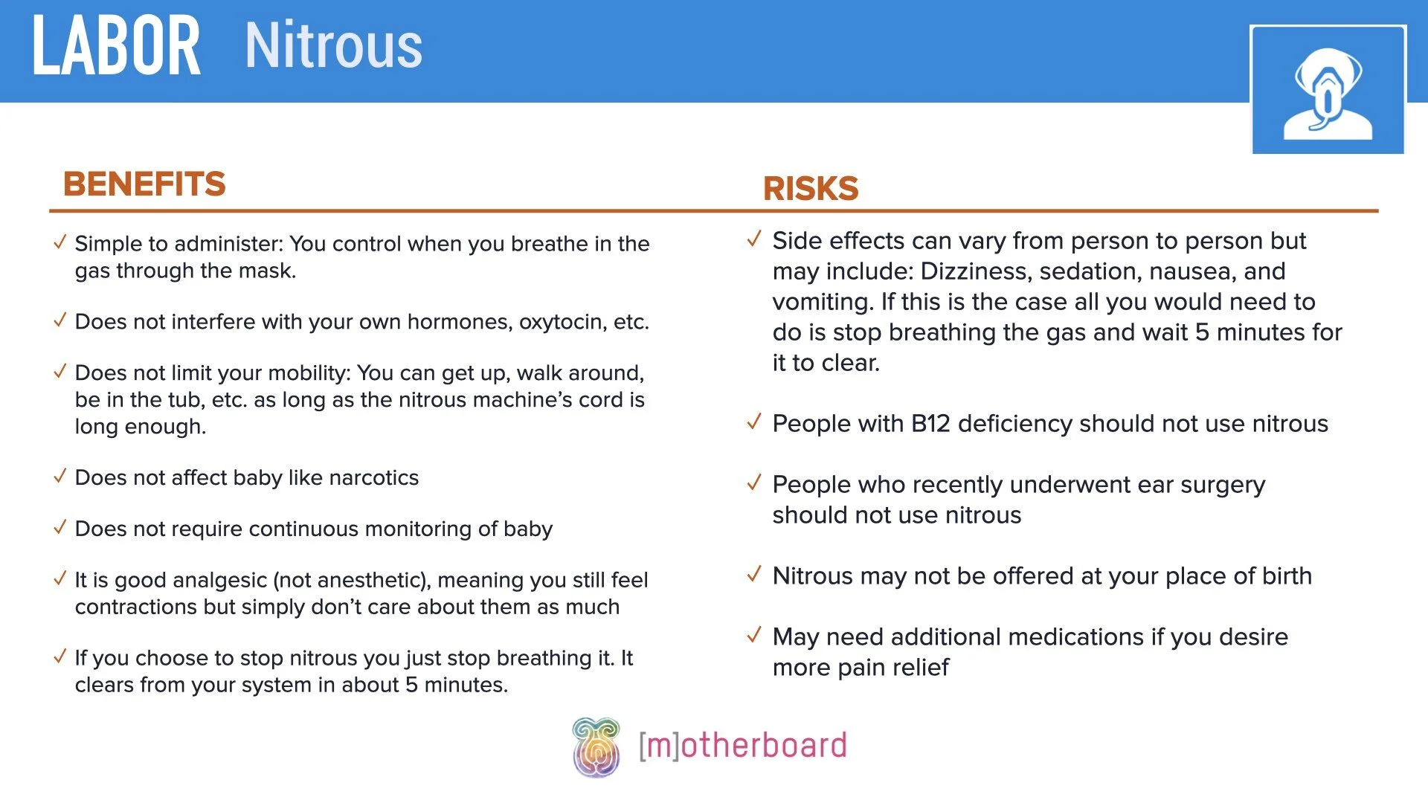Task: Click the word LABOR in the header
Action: click(x=116, y=46)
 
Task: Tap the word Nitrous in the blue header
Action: click(x=333, y=46)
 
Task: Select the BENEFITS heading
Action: click(x=144, y=184)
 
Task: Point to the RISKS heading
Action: click(x=811, y=188)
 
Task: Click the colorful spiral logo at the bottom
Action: click(x=596, y=747)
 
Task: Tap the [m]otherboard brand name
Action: click(x=742, y=746)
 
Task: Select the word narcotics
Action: click(x=373, y=477)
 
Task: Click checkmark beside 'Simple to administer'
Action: click(x=60, y=242)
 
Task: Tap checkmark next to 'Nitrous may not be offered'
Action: click(x=754, y=574)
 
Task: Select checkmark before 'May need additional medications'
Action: click(x=754, y=635)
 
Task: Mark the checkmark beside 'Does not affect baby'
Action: click(x=60, y=476)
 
